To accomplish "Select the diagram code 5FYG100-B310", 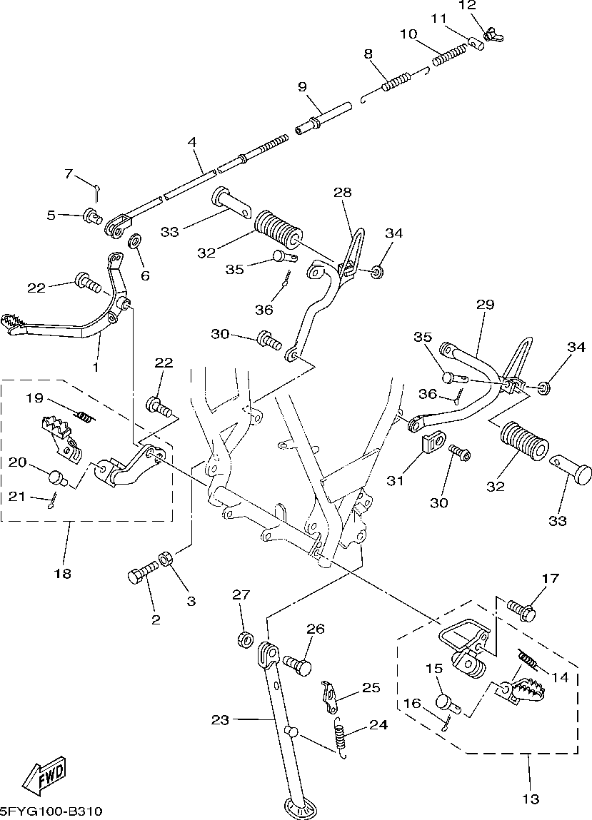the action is click(x=51, y=812).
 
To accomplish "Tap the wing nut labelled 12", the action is click(x=491, y=36).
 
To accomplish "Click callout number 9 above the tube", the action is click(x=303, y=86).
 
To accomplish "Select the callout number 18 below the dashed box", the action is click(x=62, y=574).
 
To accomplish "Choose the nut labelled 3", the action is click(x=164, y=559).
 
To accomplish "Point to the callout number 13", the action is click(x=531, y=799).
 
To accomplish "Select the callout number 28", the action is click(x=343, y=192).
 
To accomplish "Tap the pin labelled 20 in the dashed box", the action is click(x=56, y=478).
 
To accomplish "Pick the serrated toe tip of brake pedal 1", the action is click(x=13, y=322).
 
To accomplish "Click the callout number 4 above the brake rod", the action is click(x=192, y=142).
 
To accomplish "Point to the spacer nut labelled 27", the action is click(x=244, y=639).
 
